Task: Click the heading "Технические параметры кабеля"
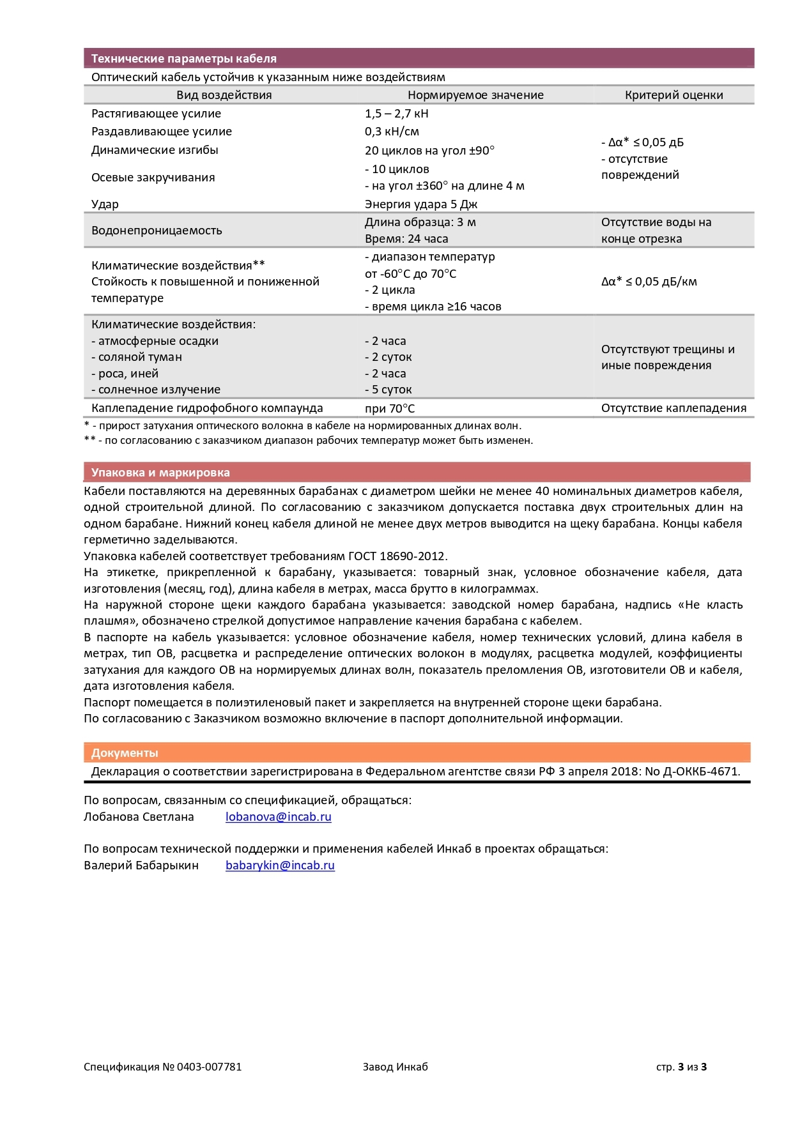[183, 59]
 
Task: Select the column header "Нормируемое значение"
[475, 95]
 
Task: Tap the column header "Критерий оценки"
[674, 95]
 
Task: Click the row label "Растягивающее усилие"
[156, 114]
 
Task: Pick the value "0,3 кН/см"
[392, 132]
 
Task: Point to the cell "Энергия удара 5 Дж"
[421, 204]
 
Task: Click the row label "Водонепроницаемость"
[157, 231]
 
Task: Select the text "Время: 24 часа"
[406, 239]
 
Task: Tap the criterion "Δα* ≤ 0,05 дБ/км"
[649, 282]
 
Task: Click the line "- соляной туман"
[137, 357]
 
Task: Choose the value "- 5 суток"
[389, 390]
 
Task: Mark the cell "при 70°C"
[390, 409]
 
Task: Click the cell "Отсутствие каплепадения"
[674, 408]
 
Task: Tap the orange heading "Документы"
[125, 753]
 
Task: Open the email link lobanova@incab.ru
[278, 817]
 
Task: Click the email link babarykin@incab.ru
[280, 866]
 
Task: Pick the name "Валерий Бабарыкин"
[141, 866]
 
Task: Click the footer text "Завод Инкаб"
[395, 1067]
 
